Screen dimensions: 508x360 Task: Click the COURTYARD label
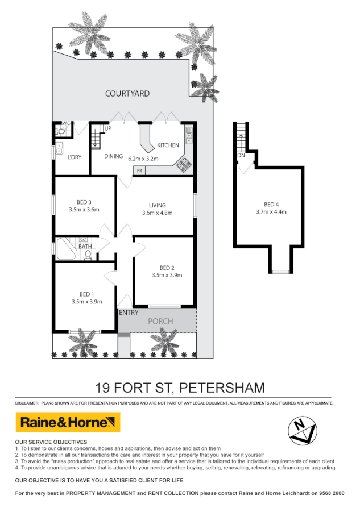(127, 93)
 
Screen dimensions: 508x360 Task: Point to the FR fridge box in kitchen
(139, 170)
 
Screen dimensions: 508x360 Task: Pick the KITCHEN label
(168, 145)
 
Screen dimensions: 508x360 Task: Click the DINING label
(113, 156)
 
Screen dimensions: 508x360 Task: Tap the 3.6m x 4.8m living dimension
(158, 213)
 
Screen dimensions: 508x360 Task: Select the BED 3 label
(84, 202)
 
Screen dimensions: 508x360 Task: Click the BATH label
(85, 246)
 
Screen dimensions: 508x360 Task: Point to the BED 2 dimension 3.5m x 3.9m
(167, 275)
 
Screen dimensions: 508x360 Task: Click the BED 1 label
(86, 294)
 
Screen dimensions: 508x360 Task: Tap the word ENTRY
(129, 313)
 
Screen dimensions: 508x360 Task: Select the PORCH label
(160, 321)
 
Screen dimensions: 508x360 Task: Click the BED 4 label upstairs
(272, 205)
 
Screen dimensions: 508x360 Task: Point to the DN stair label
(241, 155)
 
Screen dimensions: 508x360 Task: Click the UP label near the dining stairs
(107, 129)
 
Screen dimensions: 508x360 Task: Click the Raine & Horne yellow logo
(68, 422)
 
